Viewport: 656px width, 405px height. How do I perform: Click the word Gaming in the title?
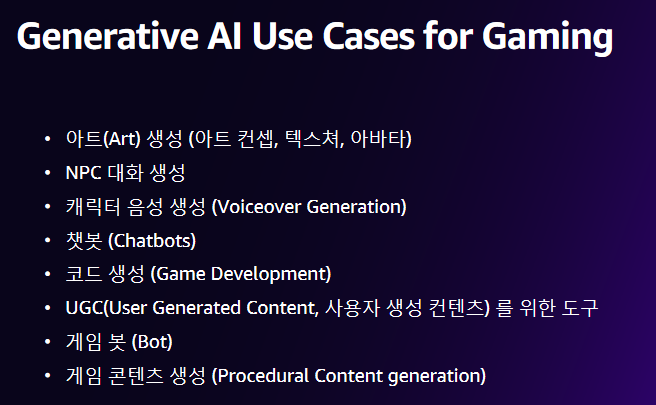coord(548,37)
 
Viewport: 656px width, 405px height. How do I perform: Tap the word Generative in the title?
coord(108,36)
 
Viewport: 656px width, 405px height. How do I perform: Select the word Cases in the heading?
coord(369,36)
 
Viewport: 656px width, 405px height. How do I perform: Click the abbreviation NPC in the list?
coord(84,172)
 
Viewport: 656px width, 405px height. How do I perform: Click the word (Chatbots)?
coord(152,241)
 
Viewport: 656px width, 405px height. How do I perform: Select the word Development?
coord(271,274)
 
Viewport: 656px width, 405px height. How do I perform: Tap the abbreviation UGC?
coord(84,308)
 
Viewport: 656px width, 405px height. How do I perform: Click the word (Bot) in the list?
coord(152,342)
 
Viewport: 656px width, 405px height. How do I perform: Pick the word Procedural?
coord(263,376)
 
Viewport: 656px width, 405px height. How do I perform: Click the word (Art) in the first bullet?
coord(122,138)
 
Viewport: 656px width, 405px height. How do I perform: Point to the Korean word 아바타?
coord(381,138)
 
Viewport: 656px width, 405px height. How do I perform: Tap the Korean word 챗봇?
coord(84,241)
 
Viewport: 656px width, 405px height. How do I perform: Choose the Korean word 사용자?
coord(352,308)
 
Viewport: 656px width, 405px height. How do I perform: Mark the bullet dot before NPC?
coord(47,172)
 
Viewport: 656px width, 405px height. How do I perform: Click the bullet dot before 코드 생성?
coord(47,274)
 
